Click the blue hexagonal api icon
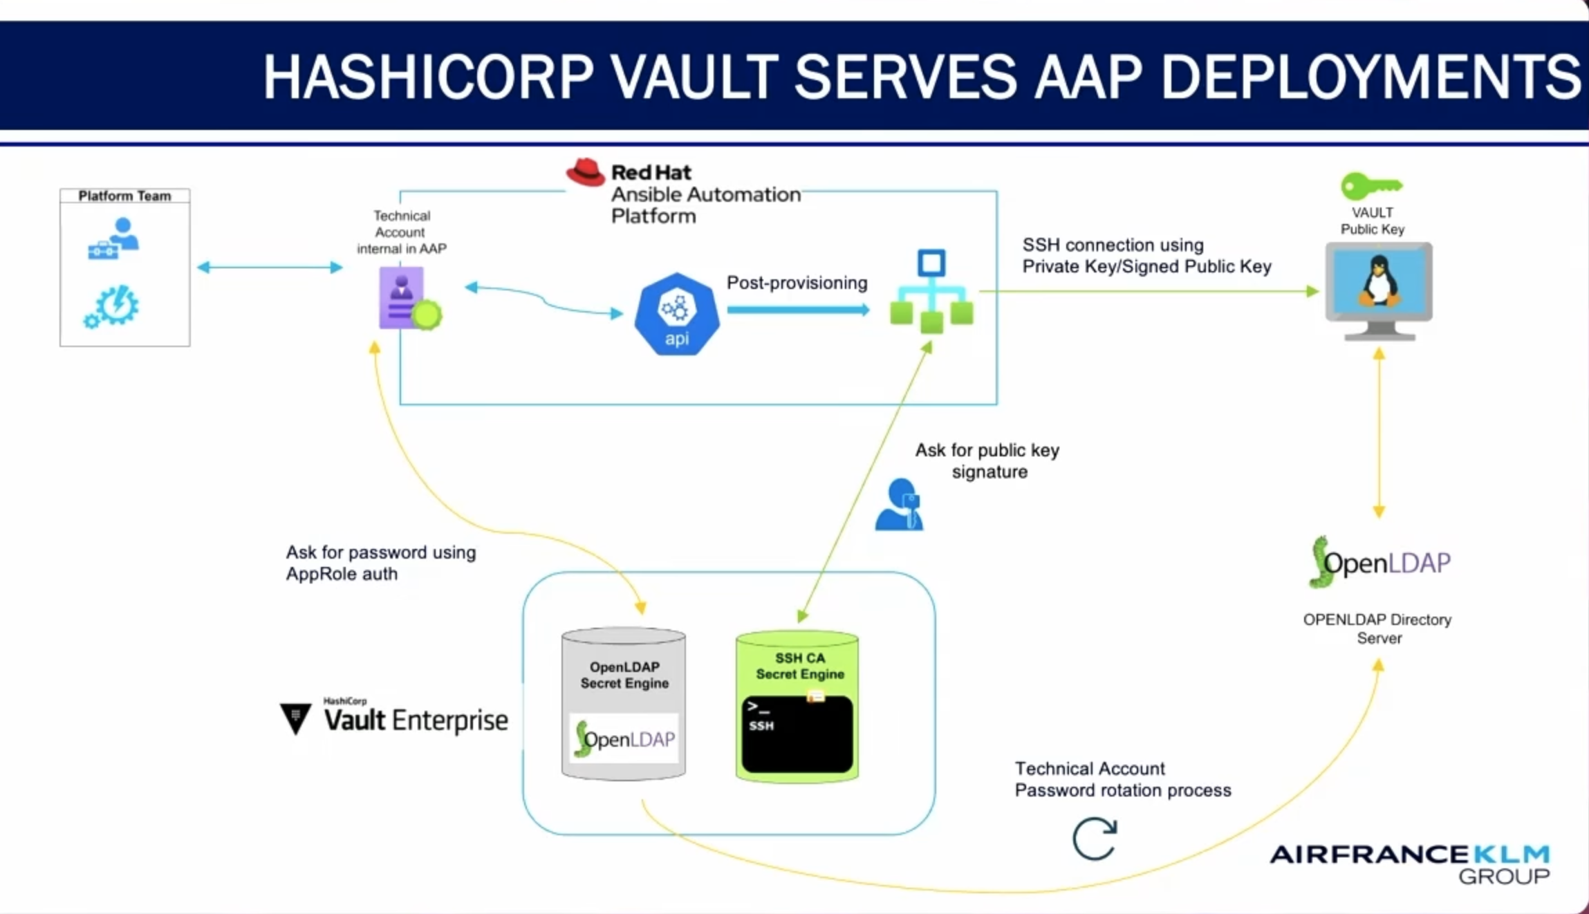[x=676, y=315]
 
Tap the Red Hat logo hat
[x=585, y=172]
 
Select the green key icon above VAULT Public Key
[x=1370, y=186]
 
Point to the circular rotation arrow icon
[x=1095, y=839]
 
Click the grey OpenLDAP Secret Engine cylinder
[x=624, y=703]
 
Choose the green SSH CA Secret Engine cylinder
[x=797, y=706]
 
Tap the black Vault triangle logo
[x=296, y=718]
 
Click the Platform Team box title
[x=124, y=196]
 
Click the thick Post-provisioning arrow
[x=798, y=310]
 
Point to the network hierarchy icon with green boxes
[x=931, y=292]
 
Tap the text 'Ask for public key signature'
[x=987, y=460]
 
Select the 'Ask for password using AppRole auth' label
[x=381, y=563]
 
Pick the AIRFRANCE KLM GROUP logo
[x=1411, y=863]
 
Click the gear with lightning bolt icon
[x=113, y=306]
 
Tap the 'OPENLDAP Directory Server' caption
[x=1377, y=628]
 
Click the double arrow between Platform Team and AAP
[x=270, y=268]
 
